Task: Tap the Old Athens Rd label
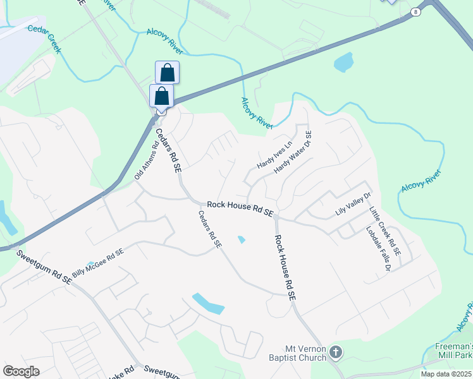[x=147, y=160]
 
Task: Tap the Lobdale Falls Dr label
[x=376, y=249]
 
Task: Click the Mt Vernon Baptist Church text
[x=305, y=353]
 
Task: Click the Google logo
[x=21, y=371]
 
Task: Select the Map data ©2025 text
[x=446, y=374]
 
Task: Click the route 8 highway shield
[x=415, y=11]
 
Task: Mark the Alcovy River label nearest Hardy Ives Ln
[x=257, y=114]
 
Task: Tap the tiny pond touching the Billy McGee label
[x=90, y=263]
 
